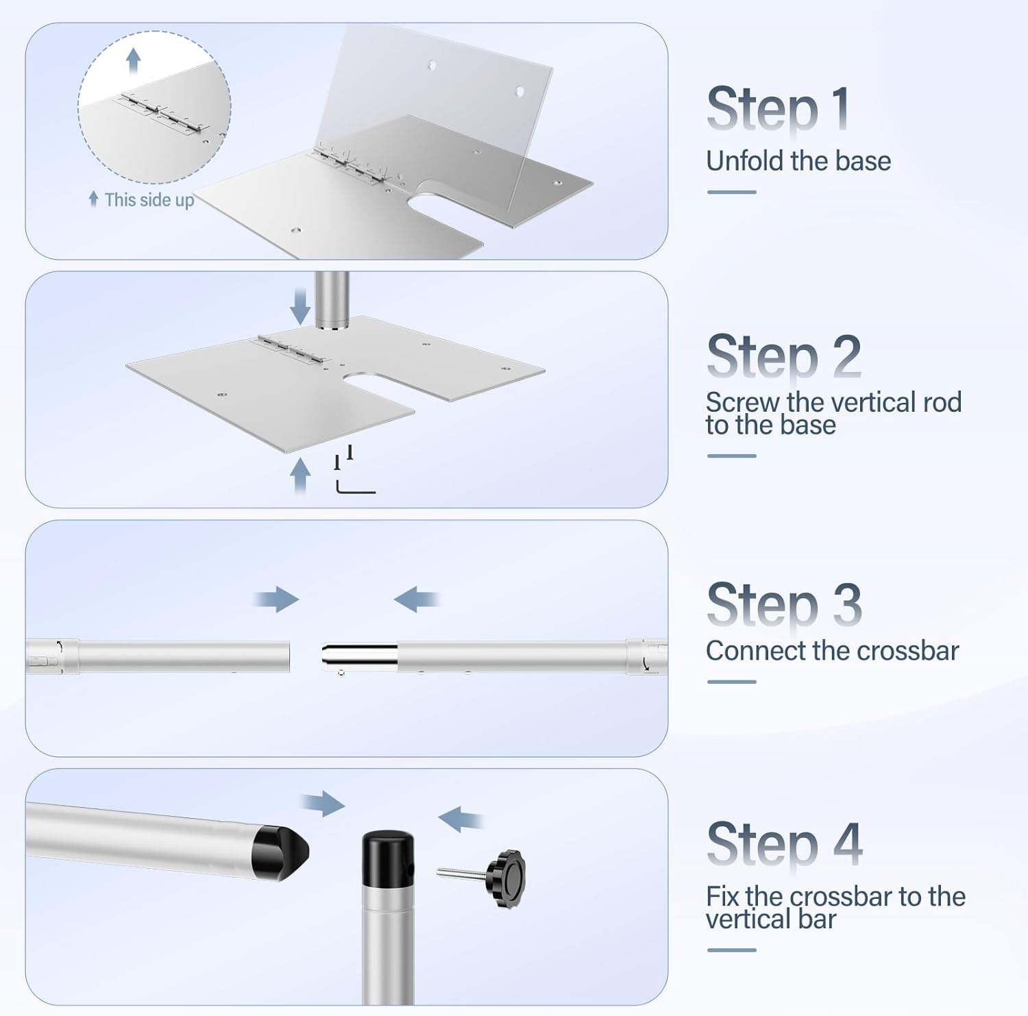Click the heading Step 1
[x=778, y=108]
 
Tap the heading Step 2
[x=783, y=356]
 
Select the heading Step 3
[x=783, y=604]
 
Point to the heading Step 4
[x=784, y=843]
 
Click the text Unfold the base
[x=798, y=162]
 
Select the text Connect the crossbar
[x=831, y=651]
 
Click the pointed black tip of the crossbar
[x=281, y=852]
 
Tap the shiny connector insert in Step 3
[x=359, y=656]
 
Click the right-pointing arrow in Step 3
[x=277, y=599]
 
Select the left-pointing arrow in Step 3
[x=416, y=599]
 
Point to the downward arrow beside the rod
[x=300, y=306]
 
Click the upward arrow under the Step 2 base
[x=300, y=475]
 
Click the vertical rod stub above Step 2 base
[x=332, y=300]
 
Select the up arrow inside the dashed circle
[x=134, y=60]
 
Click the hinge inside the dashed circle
[x=162, y=114]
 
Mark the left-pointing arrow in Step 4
[x=460, y=817]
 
